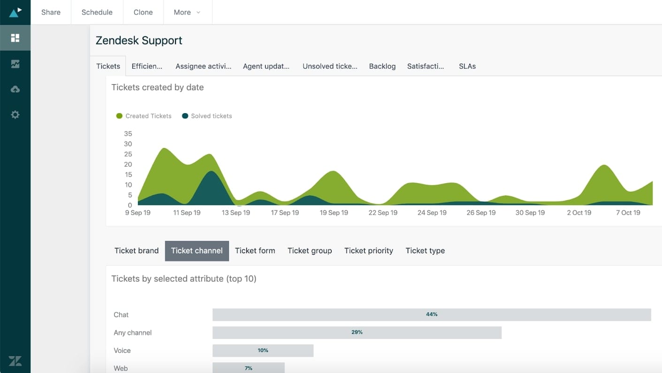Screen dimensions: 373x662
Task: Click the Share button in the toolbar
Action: (x=51, y=12)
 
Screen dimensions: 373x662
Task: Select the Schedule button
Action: (x=97, y=12)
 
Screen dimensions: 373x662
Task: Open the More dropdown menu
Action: (x=187, y=12)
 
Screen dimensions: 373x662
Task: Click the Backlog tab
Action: (x=382, y=66)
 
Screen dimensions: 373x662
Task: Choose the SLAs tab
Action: (x=467, y=66)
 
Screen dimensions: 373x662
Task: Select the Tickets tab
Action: (x=108, y=66)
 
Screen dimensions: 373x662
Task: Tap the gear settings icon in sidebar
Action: (x=15, y=115)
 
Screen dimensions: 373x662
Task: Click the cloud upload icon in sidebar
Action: (x=15, y=89)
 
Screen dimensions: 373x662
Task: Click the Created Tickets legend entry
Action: (x=144, y=116)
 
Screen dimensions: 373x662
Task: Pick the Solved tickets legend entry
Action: (x=207, y=116)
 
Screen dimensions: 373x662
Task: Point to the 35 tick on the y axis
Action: (x=128, y=134)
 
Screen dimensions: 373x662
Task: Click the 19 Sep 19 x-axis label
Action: (x=334, y=213)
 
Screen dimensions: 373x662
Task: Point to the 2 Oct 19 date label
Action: (x=578, y=213)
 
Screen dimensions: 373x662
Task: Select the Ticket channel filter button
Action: (x=197, y=251)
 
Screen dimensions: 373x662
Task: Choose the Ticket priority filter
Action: (x=368, y=251)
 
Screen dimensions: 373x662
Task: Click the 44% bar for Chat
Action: (x=432, y=315)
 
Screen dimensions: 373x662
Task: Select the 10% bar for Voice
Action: (x=263, y=350)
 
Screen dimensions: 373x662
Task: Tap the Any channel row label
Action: (x=133, y=333)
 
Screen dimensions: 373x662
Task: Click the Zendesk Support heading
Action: (x=139, y=41)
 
